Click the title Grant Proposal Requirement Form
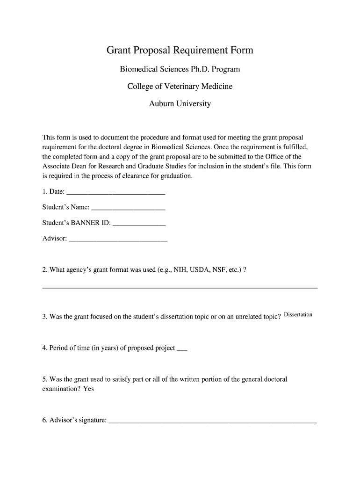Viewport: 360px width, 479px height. pyautogui.click(x=180, y=50)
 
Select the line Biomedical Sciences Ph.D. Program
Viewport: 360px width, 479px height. pyautogui.click(x=180, y=70)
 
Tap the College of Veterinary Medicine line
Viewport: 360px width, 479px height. pyautogui.click(x=180, y=87)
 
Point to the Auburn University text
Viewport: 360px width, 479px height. pyautogui.click(x=180, y=104)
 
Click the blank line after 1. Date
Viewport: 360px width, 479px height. pyautogui.click(x=116, y=193)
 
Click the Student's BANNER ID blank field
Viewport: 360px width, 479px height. pyautogui.click(x=139, y=224)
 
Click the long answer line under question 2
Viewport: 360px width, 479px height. pyautogui.click(x=180, y=287)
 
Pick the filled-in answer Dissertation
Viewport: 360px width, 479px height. pyautogui.click(x=298, y=315)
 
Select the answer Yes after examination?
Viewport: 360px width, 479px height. pyautogui.click(x=88, y=389)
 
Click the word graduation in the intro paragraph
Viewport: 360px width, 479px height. pyautogui.click(x=176, y=176)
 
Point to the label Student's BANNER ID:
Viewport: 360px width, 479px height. pyautogui.click(x=77, y=223)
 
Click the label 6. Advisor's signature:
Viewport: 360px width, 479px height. pyautogui.click(x=74, y=421)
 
